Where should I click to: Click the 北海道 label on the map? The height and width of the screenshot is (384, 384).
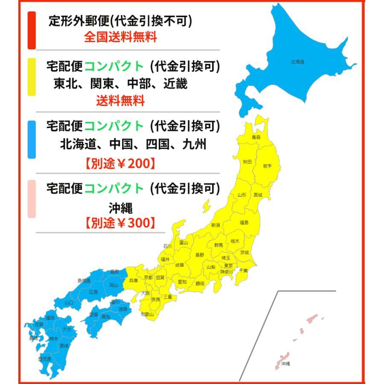[x=297, y=62]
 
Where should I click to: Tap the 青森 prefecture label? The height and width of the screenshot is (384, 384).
[x=256, y=137]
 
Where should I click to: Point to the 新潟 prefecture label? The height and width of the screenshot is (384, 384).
[x=216, y=225]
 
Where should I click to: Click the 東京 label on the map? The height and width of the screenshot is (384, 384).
[x=228, y=265]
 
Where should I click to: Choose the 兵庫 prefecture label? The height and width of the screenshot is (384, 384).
[x=134, y=280]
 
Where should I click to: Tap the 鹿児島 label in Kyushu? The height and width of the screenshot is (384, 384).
[x=44, y=359]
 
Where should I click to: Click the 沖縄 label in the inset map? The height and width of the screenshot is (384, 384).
[x=286, y=364]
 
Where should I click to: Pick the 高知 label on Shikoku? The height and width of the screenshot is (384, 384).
[x=106, y=317]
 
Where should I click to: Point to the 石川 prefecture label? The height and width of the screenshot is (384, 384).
[x=167, y=246]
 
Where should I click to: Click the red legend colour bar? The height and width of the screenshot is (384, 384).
[x=32, y=30]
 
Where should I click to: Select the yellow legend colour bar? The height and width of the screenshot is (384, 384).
[x=32, y=77]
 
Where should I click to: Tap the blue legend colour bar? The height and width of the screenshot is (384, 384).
[x=32, y=139]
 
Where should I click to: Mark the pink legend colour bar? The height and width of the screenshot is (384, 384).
[x=32, y=199]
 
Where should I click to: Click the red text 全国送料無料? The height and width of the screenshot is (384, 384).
[x=121, y=37]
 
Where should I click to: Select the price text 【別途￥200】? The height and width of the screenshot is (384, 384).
[x=121, y=164]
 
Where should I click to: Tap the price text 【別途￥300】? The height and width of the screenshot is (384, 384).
[x=121, y=223]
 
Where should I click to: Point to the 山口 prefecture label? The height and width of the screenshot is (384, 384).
[x=69, y=303]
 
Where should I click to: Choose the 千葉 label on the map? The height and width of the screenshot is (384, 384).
[x=243, y=271]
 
